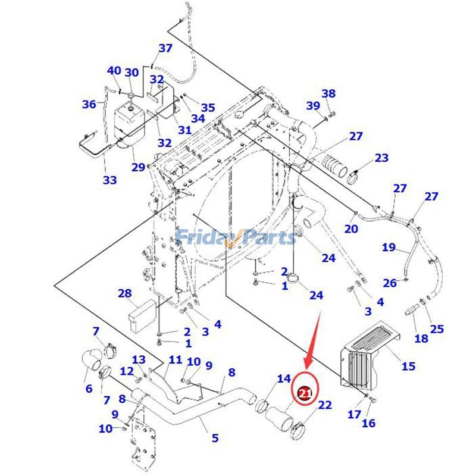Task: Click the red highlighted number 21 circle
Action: (x=305, y=393)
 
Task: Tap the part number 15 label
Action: (x=408, y=366)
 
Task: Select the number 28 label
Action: (x=124, y=293)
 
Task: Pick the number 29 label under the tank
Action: (x=138, y=167)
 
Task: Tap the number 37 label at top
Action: (x=165, y=48)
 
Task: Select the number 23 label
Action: (x=381, y=158)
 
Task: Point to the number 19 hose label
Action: (x=389, y=247)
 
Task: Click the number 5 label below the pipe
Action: (x=215, y=438)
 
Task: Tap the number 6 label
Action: (x=89, y=389)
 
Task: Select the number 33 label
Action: (x=109, y=179)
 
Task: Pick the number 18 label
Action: (x=421, y=339)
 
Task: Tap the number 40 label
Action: (x=114, y=71)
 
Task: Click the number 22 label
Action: (x=324, y=405)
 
